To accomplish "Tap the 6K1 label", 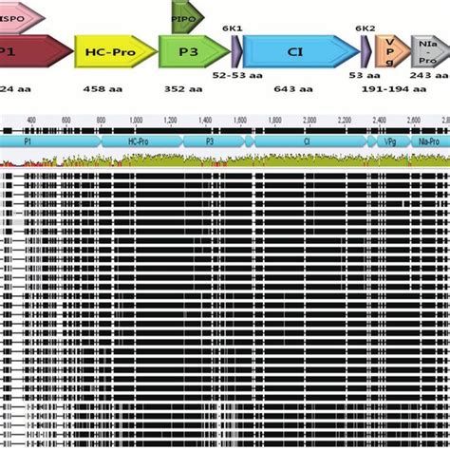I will click(234, 29).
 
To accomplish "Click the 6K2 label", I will click(366, 29).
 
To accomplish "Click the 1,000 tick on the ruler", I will click(136, 120).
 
